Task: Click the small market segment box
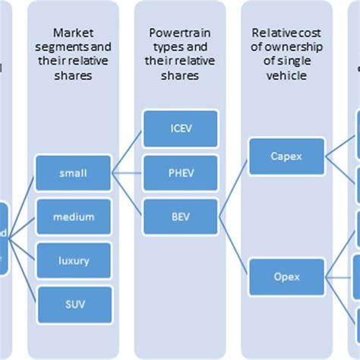pos(73,173)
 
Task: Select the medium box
pos(73,217)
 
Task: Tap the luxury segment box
pos(73,261)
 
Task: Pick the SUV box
pos(73,305)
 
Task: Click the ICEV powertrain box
pos(181,128)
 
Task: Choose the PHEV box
pos(181,172)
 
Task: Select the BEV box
pos(181,216)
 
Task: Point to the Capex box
pos(287,156)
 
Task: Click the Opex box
pos(287,277)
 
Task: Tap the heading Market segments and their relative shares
pos(73,54)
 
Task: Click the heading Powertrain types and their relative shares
pos(181,54)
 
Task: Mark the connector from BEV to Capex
pos(235,186)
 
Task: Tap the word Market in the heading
pos(73,33)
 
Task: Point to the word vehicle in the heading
pos(287,76)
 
